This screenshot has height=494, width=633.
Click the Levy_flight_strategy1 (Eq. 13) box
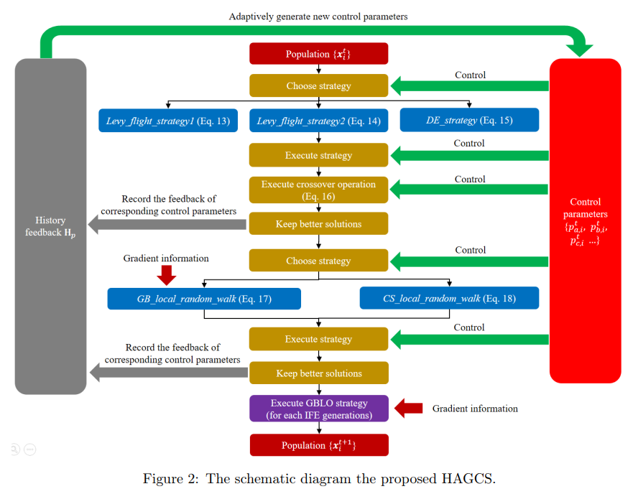click(168, 121)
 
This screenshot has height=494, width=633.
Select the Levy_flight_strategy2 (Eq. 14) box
click(318, 121)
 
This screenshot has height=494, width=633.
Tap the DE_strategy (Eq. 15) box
click(469, 121)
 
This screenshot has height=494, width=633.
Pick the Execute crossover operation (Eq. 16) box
click(318, 190)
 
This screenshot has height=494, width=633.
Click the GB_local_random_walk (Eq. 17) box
click(204, 299)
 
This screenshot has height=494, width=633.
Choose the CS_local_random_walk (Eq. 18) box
click(449, 299)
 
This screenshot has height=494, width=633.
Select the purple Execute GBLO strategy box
click(318, 409)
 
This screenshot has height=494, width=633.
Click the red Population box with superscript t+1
click(318, 445)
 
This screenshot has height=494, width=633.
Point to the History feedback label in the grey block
click(50, 227)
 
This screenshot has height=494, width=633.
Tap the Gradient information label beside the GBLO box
click(474, 409)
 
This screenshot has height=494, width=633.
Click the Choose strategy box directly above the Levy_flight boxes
click(318, 86)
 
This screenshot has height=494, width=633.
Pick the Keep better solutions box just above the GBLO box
click(318, 373)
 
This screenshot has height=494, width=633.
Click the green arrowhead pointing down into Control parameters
click(580, 49)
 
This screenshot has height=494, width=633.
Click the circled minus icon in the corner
click(30, 450)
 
